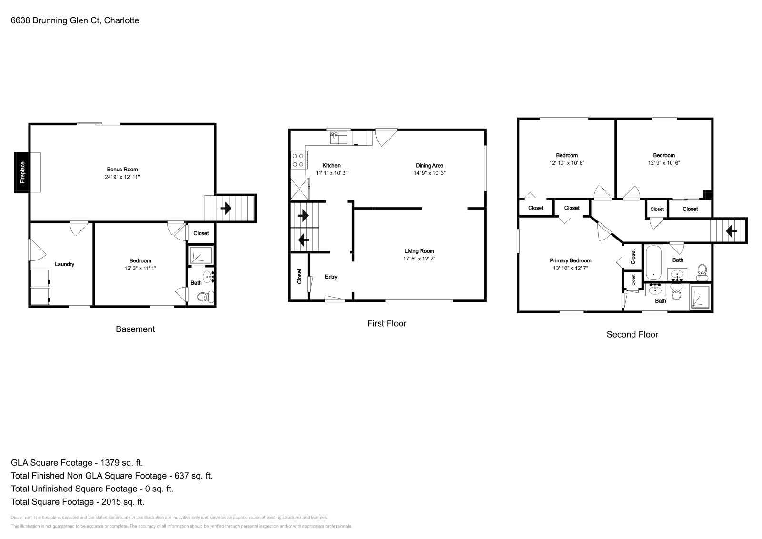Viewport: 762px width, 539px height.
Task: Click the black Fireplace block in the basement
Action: click(x=22, y=172)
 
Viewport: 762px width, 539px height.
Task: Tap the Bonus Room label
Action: click(x=122, y=170)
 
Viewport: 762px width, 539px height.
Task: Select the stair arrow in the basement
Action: click(x=226, y=208)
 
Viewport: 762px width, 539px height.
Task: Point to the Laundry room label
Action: click(x=64, y=264)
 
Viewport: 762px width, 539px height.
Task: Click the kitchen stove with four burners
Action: click(x=299, y=160)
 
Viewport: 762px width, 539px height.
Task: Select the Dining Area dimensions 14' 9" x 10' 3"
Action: click(x=430, y=173)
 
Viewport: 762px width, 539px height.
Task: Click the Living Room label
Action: click(x=419, y=251)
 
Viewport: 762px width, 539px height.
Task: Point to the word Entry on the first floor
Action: click(x=331, y=277)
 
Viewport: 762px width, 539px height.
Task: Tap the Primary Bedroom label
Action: click(x=570, y=260)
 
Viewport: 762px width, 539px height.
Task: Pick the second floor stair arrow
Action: click(x=731, y=231)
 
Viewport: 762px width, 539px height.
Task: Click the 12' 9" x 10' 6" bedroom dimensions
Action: click(x=664, y=163)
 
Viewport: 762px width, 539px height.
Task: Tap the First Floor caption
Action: click(x=386, y=323)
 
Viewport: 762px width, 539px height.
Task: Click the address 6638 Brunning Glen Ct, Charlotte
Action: click(x=75, y=20)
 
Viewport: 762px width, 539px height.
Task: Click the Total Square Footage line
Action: click(x=77, y=501)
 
